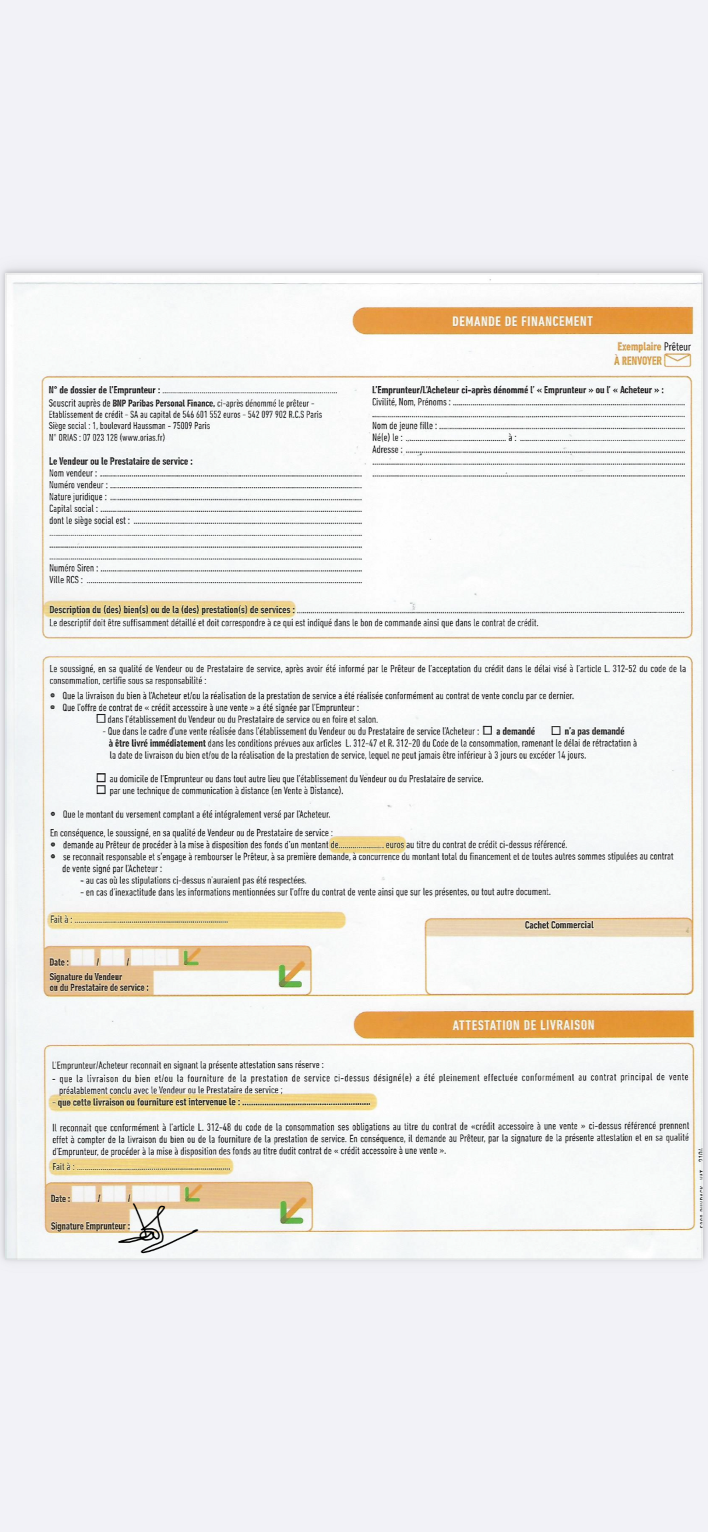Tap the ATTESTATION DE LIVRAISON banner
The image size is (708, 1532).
[523, 1025]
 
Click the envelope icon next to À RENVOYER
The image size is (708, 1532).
[677, 360]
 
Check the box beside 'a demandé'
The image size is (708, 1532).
[487, 730]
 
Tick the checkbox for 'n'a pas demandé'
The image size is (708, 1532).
[556, 730]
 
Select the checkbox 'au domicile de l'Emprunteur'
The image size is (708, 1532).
[101, 778]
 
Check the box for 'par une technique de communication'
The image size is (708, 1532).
[101, 790]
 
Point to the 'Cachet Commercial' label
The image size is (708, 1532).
[559, 925]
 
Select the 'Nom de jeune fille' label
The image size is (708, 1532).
[404, 426]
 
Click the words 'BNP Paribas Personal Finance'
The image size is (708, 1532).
[163, 403]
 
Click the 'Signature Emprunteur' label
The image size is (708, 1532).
[89, 1226]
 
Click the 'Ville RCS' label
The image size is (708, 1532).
[65, 580]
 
